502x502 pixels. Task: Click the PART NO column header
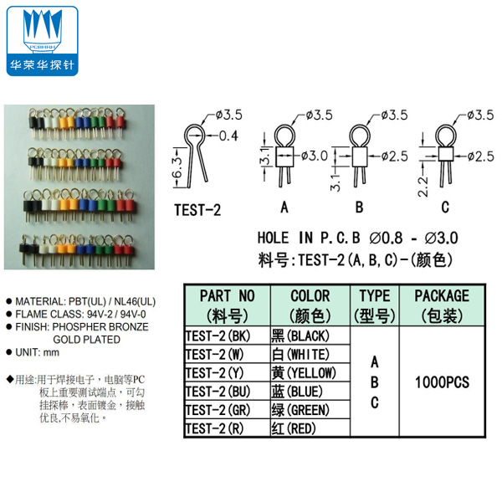(227, 305)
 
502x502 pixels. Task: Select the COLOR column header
(310, 305)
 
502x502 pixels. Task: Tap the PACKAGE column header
(441, 305)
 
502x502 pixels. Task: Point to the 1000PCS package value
(442, 382)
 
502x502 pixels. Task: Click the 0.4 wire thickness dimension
(228, 136)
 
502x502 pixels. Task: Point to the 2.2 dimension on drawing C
(423, 177)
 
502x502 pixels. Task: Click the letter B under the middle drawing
(358, 207)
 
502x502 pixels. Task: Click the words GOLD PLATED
(88, 339)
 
